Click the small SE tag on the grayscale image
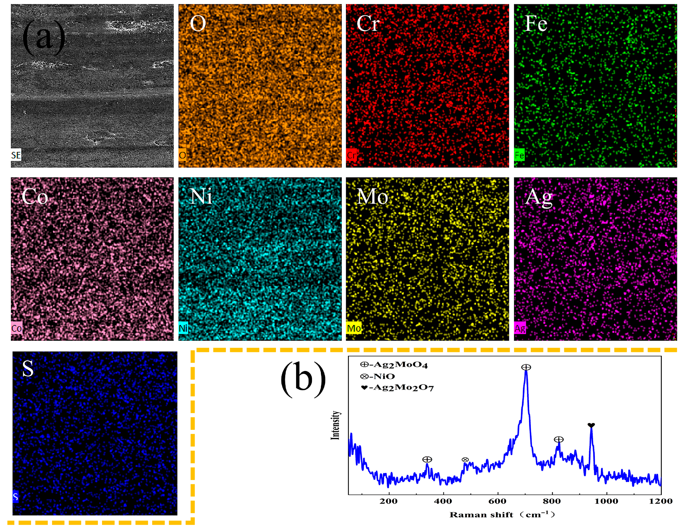[16, 155]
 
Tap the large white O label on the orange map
[198, 23]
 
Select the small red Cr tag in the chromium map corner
[351, 155]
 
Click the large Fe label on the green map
[536, 23]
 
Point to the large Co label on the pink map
[35, 197]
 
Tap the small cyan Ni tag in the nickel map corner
[183, 328]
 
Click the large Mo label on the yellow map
[372, 197]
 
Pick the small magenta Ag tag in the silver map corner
[520, 328]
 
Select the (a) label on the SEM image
[44, 38]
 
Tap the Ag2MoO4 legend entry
[394, 365]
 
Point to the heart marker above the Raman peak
[591, 425]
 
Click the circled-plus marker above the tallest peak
[526, 367]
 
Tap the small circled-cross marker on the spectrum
[465, 460]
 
